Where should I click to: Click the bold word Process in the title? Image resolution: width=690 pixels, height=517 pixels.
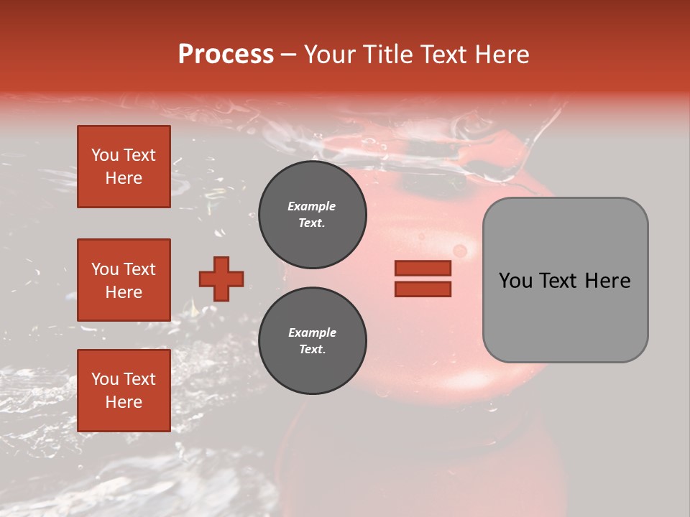(x=226, y=55)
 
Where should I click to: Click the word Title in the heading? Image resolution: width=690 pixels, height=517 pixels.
(x=385, y=55)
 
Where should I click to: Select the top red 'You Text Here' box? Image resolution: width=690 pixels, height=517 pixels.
(x=124, y=167)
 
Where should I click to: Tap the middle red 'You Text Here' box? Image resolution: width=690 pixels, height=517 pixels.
(x=124, y=280)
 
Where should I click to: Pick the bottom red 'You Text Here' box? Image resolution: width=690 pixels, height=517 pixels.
(x=124, y=390)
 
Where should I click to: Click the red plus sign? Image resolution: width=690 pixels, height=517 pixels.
(x=221, y=279)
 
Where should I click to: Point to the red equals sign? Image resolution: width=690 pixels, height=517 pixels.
(x=423, y=279)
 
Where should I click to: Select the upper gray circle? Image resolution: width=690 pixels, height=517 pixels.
(x=313, y=215)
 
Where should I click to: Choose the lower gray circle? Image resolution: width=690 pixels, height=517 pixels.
(x=313, y=341)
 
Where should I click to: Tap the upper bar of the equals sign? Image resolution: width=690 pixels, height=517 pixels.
(x=423, y=269)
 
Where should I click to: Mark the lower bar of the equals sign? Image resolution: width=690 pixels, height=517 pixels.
(x=423, y=289)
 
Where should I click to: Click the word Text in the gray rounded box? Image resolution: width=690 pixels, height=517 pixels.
(x=559, y=281)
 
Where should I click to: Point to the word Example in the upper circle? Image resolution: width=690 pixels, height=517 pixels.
(x=312, y=206)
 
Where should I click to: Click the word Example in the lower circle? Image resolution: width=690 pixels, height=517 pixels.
(x=312, y=332)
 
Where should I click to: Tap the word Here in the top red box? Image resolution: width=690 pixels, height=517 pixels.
(x=124, y=178)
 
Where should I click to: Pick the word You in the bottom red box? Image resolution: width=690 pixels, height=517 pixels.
(x=105, y=379)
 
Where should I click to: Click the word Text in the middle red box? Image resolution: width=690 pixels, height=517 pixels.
(x=139, y=269)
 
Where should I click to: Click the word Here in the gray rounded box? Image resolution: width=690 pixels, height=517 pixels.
(x=607, y=281)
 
